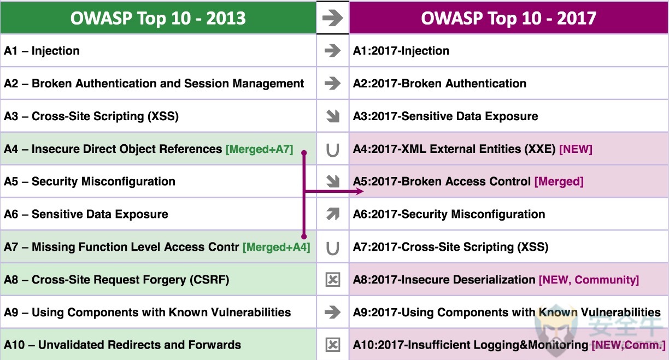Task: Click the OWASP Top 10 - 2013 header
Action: pyautogui.click(x=158, y=17)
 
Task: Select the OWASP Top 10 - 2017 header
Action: pyautogui.click(x=509, y=17)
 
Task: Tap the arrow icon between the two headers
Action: pyautogui.click(x=332, y=18)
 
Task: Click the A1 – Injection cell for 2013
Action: pyautogui.click(x=158, y=51)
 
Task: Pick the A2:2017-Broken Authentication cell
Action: pyautogui.click(x=509, y=83)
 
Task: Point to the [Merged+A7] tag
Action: pyautogui.click(x=259, y=149)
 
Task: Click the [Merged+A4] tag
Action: pyautogui.click(x=276, y=247)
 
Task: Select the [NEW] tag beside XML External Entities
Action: pyautogui.click(x=576, y=149)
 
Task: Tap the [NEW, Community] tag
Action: pyautogui.click(x=589, y=280)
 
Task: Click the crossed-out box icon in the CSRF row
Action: pyautogui.click(x=333, y=280)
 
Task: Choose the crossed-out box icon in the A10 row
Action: pyautogui.click(x=333, y=345)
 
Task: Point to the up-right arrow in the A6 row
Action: pyautogui.click(x=333, y=214)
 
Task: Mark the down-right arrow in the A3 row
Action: pyautogui.click(x=333, y=116)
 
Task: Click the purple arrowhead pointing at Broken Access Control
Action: pyautogui.click(x=360, y=191)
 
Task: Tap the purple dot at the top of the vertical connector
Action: pyautogui.click(x=304, y=153)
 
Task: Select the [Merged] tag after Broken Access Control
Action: pyautogui.click(x=559, y=181)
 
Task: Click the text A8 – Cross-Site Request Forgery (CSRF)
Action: pyautogui.click(x=116, y=280)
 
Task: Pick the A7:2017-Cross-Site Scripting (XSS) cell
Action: pyautogui.click(x=509, y=247)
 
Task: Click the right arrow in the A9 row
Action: pyautogui.click(x=332, y=312)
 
